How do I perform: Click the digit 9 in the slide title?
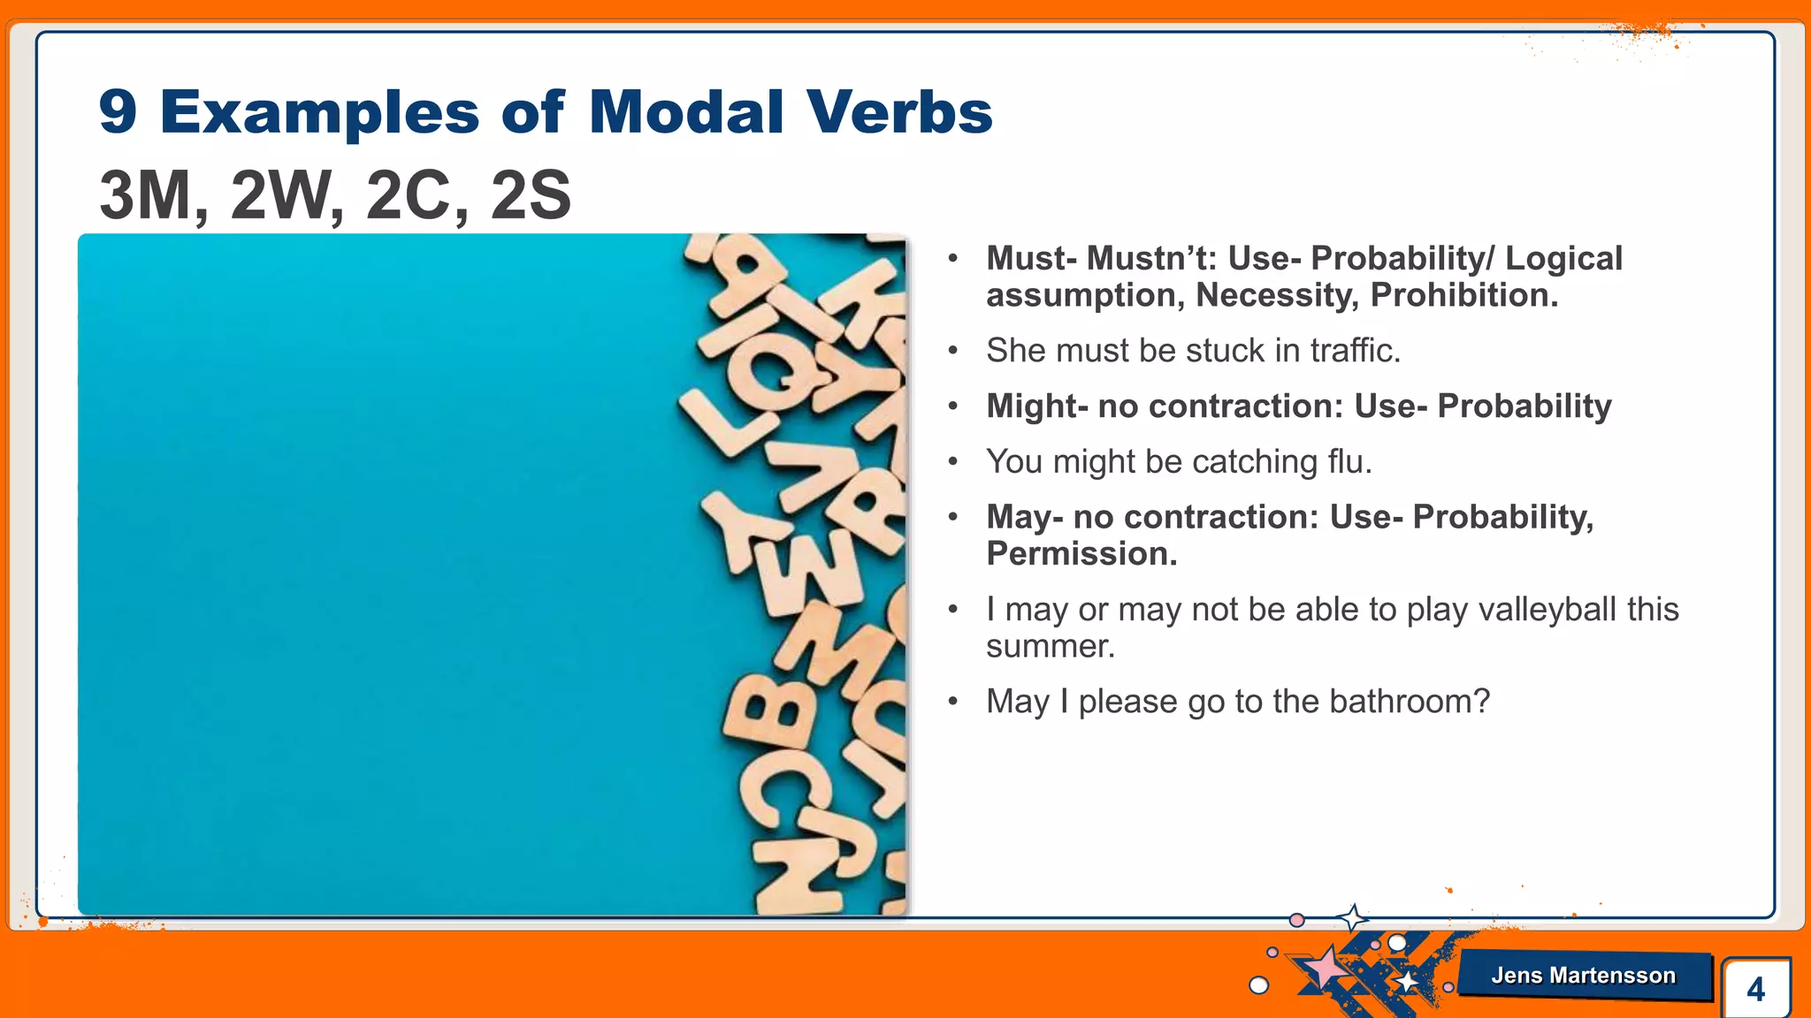(x=118, y=112)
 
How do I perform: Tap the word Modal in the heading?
(x=686, y=112)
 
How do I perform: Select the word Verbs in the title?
(x=899, y=112)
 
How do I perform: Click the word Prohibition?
(x=1463, y=295)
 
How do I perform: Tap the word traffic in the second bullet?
(x=1355, y=351)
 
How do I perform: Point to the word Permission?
(x=1081, y=554)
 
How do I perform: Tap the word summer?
(x=1050, y=647)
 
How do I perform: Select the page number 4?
(x=1755, y=989)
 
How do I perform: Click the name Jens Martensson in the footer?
(x=1583, y=976)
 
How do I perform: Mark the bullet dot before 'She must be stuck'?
(x=952, y=352)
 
